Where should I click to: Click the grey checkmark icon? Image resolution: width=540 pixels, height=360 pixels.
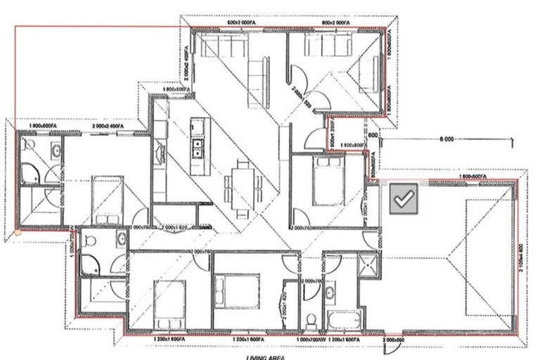click(x=403, y=200)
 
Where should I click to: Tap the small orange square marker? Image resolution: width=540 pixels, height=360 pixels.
click(x=18, y=230)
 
